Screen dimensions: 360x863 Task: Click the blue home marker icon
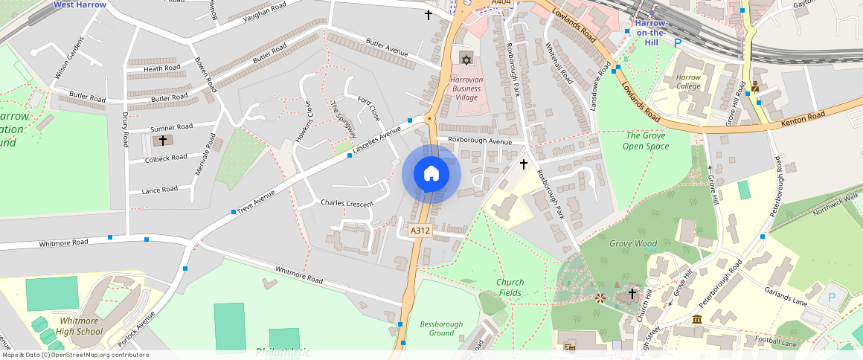431,174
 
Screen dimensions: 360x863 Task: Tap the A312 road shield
420,231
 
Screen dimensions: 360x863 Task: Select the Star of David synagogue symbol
466,59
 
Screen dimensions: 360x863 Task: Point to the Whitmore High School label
80,326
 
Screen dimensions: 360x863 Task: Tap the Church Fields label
510,287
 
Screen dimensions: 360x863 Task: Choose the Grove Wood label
633,243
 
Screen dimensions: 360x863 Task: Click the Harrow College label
688,81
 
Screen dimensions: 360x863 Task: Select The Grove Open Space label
647,141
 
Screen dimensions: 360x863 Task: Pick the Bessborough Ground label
441,328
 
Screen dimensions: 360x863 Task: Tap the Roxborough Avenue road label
480,141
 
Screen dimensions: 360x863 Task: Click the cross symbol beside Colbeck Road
163,140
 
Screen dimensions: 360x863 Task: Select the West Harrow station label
80,4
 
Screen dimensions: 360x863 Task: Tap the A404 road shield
501,4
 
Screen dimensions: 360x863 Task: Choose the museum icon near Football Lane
697,319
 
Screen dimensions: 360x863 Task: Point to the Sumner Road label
171,127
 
